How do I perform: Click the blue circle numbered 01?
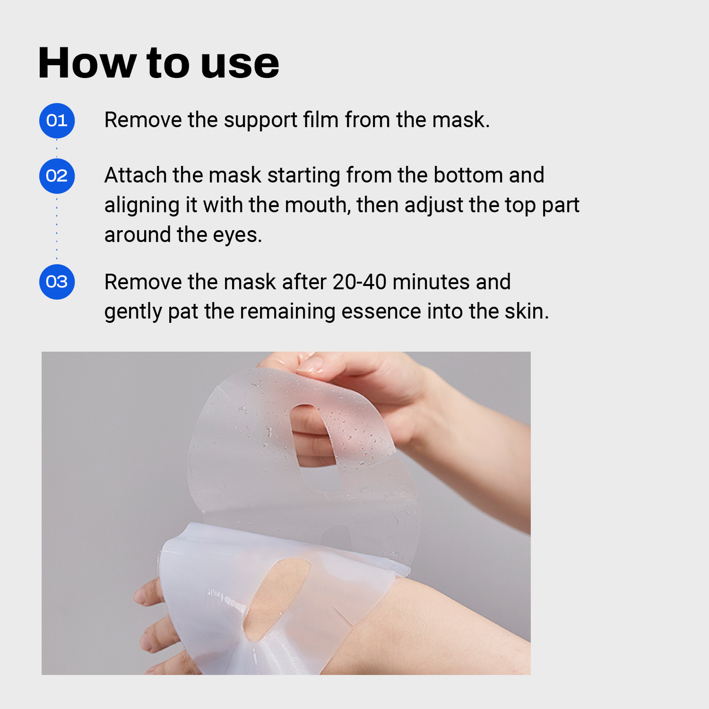(x=57, y=121)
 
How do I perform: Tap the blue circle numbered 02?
(x=57, y=176)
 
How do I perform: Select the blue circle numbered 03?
(x=57, y=282)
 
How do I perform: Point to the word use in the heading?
(x=240, y=64)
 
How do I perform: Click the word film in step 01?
(x=320, y=120)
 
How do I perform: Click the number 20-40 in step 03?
(x=359, y=282)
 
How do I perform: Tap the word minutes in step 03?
(x=431, y=282)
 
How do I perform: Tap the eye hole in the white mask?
(x=277, y=599)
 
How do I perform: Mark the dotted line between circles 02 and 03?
(x=57, y=229)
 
